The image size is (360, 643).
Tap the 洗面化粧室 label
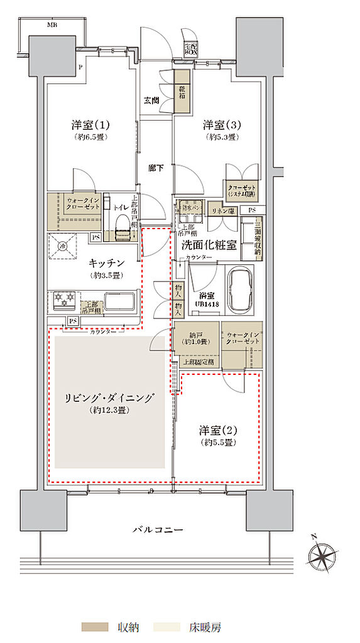209,247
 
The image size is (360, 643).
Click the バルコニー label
158,530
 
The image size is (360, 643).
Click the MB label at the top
53,25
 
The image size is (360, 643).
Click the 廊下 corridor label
156,168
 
